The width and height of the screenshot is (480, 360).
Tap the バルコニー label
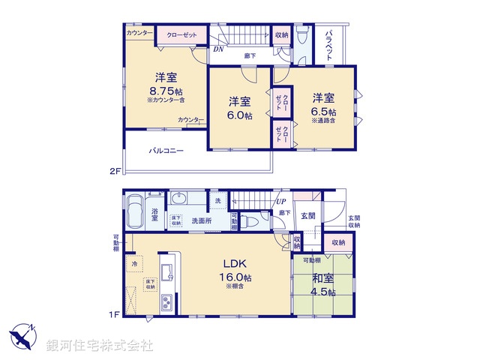pos(166,151)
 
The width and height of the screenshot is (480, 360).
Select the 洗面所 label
pos(201,220)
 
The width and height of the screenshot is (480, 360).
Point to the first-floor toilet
pos(252,221)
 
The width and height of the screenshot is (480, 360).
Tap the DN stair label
pos(217,49)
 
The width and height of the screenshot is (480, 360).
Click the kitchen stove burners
pos(166,303)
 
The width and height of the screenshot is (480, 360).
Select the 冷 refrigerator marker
pos(135,264)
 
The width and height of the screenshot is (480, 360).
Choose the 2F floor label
pos(115,171)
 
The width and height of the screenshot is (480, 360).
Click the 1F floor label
pos(115,313)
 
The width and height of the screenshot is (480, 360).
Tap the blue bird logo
pos(22,337)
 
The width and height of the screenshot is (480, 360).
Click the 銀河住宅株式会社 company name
pos(100,345)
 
